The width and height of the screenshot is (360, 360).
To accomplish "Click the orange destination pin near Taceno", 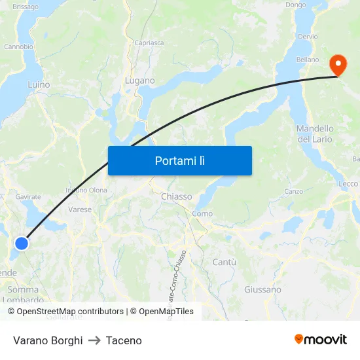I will pyautogui.click(x=338, y=65).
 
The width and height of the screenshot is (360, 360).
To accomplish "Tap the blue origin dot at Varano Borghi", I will pyautogui.click(x=22, y=243).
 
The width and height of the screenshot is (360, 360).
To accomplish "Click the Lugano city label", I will pyautogui.click(x=139, y=81).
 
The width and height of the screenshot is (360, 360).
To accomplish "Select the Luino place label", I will pyautogui.click(x=39, y=84).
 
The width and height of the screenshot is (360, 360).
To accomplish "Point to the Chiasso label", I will pyautogui.click(x=176, y=196).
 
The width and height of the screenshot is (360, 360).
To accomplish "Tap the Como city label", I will pyautogui.click(x=202, y=213).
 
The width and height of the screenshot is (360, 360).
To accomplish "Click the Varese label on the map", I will pyautogui.click(x=80, y=209).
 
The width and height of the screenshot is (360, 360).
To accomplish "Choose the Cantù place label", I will pyautogui.click(x=224, y=262).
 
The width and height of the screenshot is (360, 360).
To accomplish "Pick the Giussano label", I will pyautogui.click(x=262, y=289).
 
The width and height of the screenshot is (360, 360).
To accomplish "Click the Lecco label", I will pyautogui.click(x=348, y=184).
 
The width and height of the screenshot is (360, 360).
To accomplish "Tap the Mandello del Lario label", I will pyautogui.click(x=315, y=134).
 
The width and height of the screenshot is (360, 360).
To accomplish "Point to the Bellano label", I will pyautogui.click(x=307, y=60).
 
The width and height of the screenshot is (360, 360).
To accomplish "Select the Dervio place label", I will pyautogui.click(x=307, y=37).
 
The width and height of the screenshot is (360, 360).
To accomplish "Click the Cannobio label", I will pyautogui.click(x=18, y=46).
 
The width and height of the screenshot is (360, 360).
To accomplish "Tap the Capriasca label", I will pyautogui.click(x=149, y=43).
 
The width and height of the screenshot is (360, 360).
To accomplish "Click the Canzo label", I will pyautogui.click(x=293, y=192).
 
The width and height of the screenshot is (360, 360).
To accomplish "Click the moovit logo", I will pyautogui.click(x=320, y=339).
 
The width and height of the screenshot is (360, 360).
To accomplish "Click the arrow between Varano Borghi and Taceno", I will pyautogui.click(x=94, y=340).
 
